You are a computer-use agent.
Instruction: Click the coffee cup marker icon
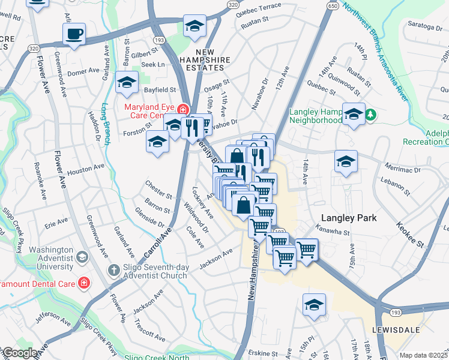click(x=74, y=34)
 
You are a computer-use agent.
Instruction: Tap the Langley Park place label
click(x=349, y=218)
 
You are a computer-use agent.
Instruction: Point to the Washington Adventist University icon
click(x=82, y=257)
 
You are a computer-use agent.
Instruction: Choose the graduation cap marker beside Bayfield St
click(x=127, y=83)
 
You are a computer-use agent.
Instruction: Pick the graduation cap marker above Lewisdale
click(x=314, y=305)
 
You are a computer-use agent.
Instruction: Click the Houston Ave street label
click(x=86, y=170)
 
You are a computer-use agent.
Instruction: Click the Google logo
click(x=19, y=353)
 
